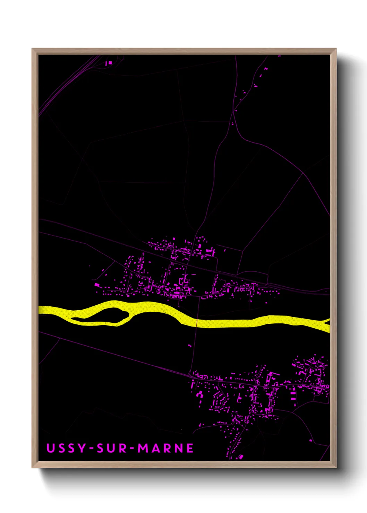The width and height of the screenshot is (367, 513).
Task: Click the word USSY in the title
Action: pyautogui.click(x=66, y=448)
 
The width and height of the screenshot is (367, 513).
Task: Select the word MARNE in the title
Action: pyautogui.click(x=166, y=448)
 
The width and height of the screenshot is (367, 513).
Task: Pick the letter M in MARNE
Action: pyautogui.click(x=143, y=448)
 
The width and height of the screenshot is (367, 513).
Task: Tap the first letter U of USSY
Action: pyautogui.click(x=51, y=448)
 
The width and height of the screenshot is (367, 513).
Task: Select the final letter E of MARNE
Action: pyautogui.click(x=190, y=448)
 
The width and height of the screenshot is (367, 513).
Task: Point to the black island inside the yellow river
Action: pyautogui.click(x=101, y=314)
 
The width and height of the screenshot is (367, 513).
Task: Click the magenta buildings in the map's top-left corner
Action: pyautogui.click(x=109, y=63)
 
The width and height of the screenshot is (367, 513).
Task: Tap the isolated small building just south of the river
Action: pyautogui.click(x=189, y=345)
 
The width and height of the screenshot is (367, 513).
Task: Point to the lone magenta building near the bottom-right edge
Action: pyautogui.click(x=310, y=440)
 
